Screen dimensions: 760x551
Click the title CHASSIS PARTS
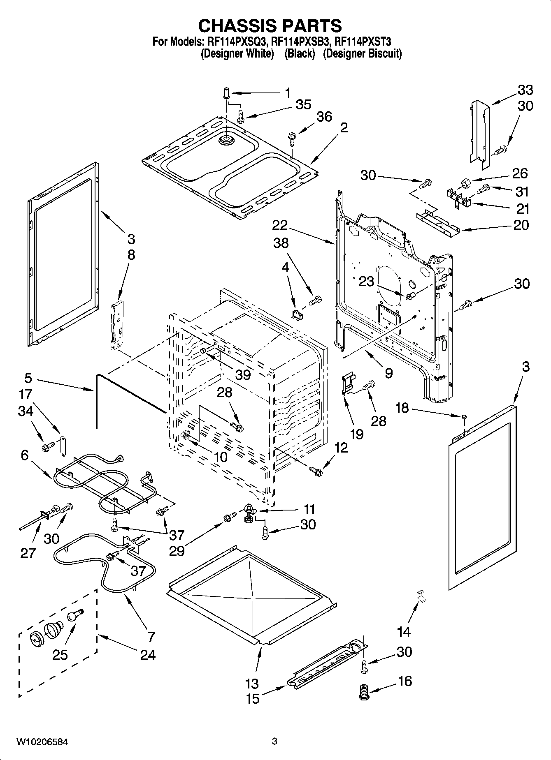(270, 25)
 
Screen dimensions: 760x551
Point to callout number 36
(324, 117)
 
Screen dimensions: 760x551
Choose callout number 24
(148, 654)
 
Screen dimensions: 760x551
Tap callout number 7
(151, 636)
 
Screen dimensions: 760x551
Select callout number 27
(28, 553)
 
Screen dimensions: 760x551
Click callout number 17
(25, 394)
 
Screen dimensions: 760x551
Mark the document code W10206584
(42, 742)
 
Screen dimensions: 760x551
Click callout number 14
(404, 631)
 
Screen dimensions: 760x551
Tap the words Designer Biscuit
(362, 53)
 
